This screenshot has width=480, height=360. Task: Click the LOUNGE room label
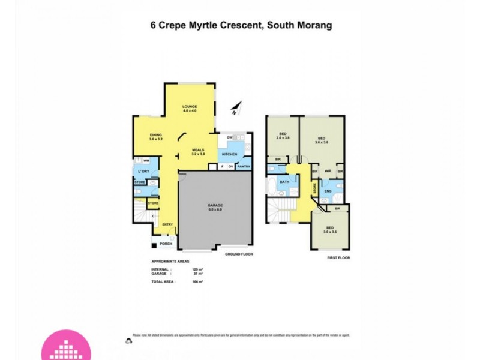pos(190,106)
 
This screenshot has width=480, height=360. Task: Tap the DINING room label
pos(156,134)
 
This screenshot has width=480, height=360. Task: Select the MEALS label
pos(198,150)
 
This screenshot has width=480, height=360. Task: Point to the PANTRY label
pos(243,166)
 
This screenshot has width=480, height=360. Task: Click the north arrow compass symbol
pos(236,108)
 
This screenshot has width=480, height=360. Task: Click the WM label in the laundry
pos(147,161)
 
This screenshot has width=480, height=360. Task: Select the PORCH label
pos(165,244)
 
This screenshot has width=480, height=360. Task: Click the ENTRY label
pos(167,225)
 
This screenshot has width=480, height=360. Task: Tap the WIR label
pos(328,170)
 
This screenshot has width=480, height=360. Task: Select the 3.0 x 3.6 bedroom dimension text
pos(330,232)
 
